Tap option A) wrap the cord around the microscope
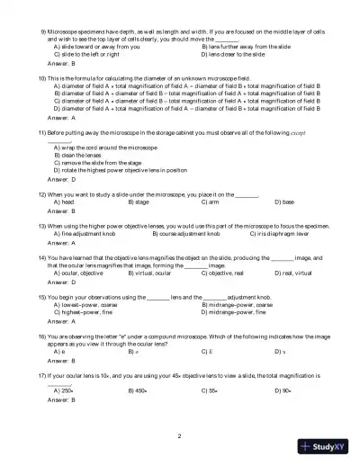(106, 146)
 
